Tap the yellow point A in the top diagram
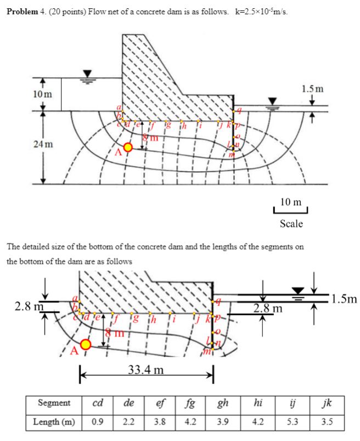127,147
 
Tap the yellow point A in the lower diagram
86,344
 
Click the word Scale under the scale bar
291,224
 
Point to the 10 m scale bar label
290,202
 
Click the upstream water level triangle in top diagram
87,74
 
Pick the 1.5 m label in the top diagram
312,88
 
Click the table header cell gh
223,403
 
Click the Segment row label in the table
54,403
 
